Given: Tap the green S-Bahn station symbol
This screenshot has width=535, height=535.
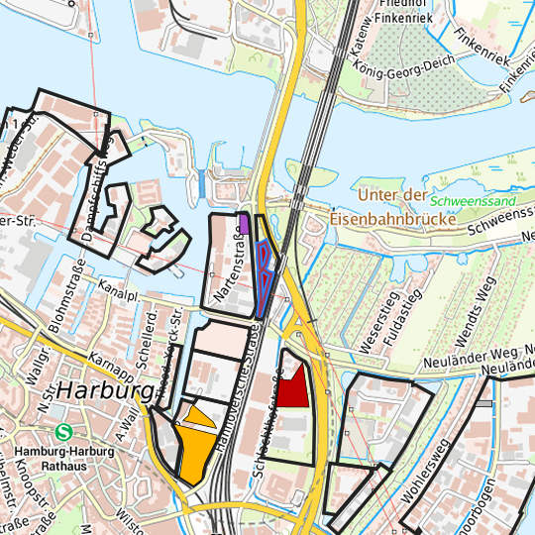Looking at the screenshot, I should click(64, 432).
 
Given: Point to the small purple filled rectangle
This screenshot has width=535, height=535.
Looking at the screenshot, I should click(244, 222).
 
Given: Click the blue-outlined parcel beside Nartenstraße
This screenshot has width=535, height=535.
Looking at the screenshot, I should click(264, 267).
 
